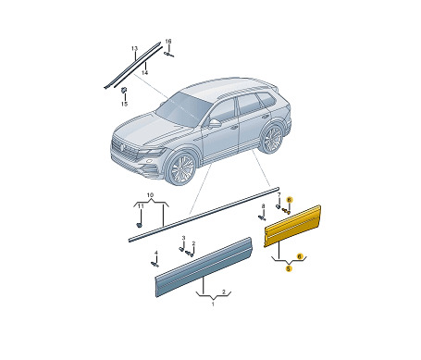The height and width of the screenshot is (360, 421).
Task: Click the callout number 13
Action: pos(134,49)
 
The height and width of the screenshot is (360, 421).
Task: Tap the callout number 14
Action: pos(144,72)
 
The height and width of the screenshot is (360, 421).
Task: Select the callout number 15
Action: pos(124,104)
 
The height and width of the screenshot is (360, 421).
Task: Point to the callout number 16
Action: pos(168,42)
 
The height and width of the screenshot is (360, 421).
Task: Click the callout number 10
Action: pos(150,195)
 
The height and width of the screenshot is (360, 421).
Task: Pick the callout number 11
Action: pos(141,205)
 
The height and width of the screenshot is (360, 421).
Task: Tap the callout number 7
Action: pos(279,195)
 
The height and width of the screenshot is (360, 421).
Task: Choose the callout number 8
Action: pos(263,205)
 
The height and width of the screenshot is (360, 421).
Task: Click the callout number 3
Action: pos(183,238)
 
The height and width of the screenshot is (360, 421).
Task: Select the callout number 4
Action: pos(156,253)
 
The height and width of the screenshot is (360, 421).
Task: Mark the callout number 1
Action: pos(213,304)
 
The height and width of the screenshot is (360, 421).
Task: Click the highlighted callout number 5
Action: pos(289,268)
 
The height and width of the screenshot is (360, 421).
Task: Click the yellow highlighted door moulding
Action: pos(292,226)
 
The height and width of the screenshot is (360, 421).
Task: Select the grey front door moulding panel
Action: pos(204,267)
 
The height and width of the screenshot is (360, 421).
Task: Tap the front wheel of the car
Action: pos(182,168)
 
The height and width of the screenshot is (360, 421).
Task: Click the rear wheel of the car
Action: pos(272,139)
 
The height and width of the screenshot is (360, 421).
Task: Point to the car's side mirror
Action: pos(215,123)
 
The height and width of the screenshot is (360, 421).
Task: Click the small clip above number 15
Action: pos(124,90)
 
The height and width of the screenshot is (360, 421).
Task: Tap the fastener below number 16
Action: pos(169,55)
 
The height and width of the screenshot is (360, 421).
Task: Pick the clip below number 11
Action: pos(139,225)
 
